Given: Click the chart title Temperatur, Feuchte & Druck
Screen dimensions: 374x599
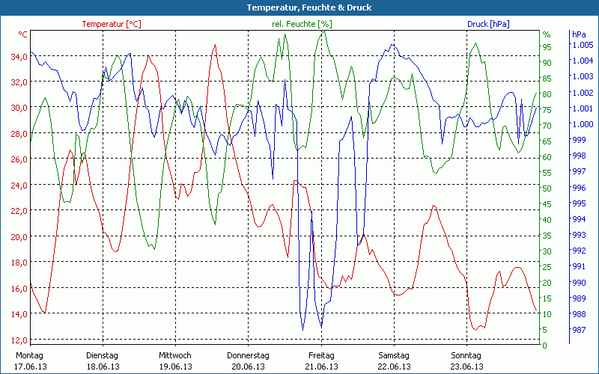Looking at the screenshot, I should [299, 7].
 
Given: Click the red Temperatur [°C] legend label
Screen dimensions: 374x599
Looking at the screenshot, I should [112, 24].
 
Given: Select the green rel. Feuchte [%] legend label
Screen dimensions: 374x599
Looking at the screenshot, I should [301, 24].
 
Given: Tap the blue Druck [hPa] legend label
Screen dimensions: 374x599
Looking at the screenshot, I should [488, 24].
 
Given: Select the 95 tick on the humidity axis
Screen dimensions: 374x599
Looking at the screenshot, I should [547, 46].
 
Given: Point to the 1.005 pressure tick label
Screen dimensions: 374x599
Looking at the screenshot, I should [582, 45].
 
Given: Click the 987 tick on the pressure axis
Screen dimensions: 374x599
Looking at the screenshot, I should [579, 330].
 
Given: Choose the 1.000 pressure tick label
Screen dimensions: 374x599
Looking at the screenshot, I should [582, 124].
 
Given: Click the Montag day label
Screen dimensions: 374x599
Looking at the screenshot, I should [30, 355].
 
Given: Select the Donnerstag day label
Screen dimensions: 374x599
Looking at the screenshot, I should [248, 355].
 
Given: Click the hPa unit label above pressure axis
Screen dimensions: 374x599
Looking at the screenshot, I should [579, 34].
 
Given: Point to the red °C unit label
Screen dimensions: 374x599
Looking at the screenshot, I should [23, 34].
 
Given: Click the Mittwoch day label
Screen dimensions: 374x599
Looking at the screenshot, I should [175, 355].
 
